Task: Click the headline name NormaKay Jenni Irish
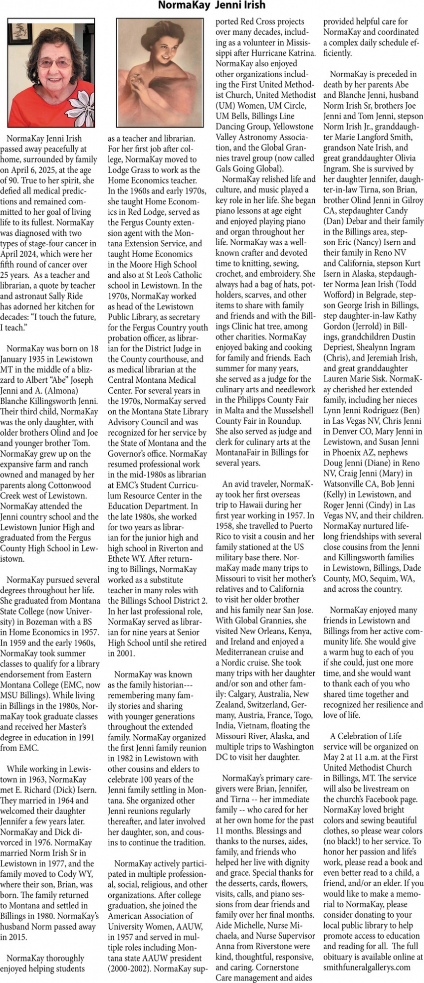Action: coord(212,5)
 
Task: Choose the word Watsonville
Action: coord(347,484)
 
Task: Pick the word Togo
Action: coord(300,715)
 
